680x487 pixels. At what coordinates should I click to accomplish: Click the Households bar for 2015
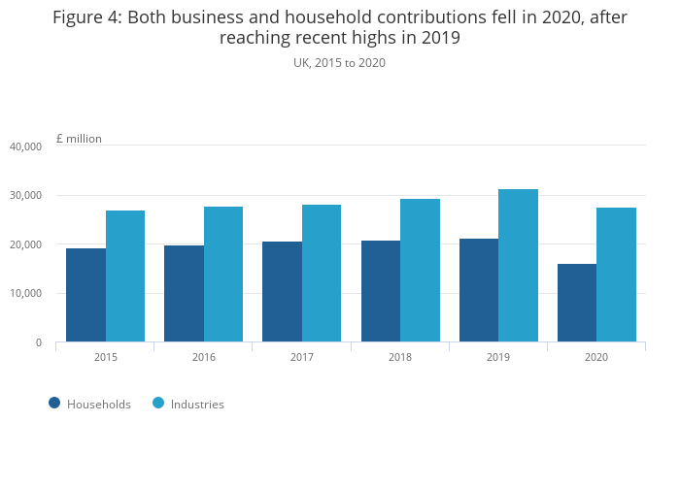coord(86,295)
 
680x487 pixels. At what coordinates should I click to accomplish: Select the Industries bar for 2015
coord(125,276)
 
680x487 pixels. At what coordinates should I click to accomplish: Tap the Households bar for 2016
coord(184,293)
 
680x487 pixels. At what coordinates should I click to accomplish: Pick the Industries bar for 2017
coord(322,274)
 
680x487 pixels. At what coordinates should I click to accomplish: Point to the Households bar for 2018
coord(381,291)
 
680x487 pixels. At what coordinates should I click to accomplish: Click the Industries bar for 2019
coord(518,266)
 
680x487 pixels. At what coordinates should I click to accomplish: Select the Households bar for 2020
coord(577,303)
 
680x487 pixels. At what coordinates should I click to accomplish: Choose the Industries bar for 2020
coord(616,275)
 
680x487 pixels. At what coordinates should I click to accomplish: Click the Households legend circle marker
coord(54,403)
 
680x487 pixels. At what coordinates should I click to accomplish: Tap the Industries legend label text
coord(197,404)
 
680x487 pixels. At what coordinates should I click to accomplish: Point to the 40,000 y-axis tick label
coord(25,146)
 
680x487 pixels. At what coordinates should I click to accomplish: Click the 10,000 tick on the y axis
coord(25,293)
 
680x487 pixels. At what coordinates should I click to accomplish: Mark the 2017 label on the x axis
coord(302,357)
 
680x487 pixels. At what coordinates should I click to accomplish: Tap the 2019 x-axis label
coord(498,357)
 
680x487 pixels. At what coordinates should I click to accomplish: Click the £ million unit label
coord(79,139)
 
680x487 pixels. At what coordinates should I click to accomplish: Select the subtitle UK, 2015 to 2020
coord(340,62)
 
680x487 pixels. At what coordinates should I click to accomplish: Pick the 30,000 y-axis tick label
coord(25,195)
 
